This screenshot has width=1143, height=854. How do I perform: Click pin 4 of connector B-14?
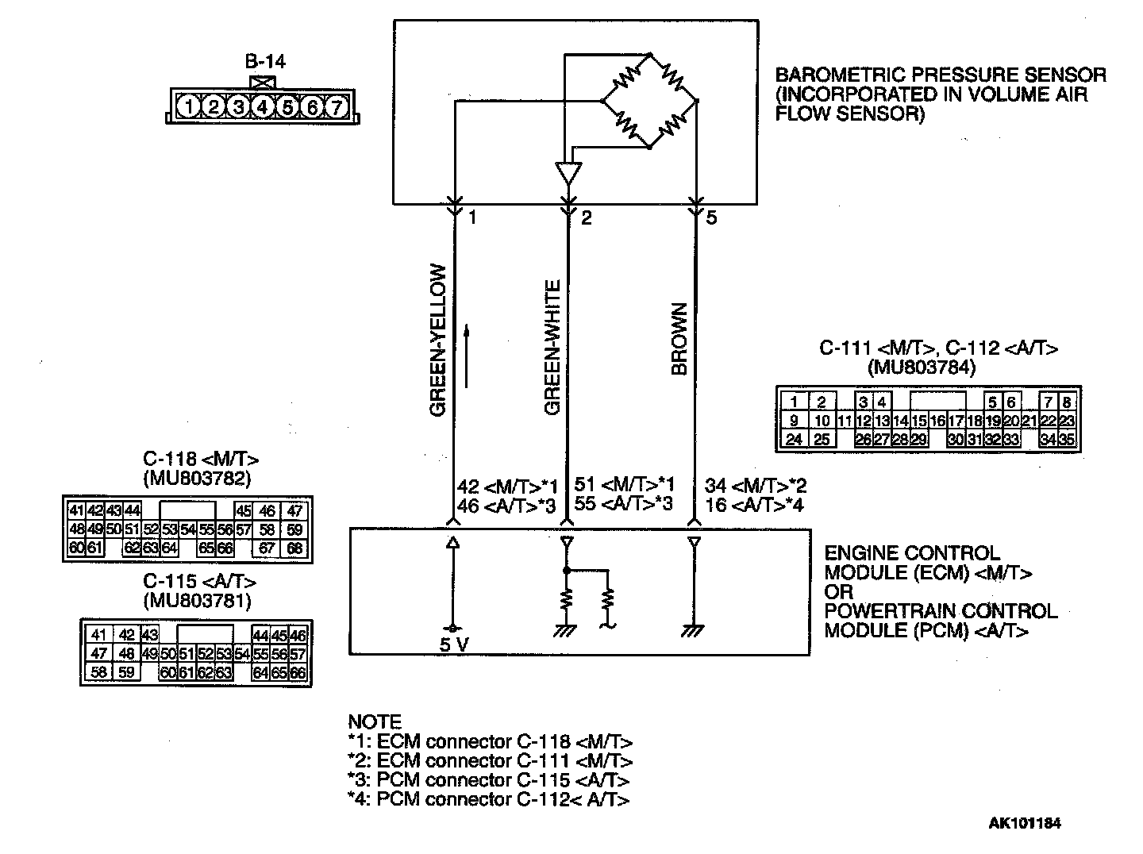point(263,106)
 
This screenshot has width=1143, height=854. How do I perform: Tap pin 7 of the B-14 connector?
point(337,106)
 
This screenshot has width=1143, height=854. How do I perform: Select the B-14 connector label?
point(265,62)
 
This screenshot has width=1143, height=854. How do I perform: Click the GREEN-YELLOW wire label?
point(438,340)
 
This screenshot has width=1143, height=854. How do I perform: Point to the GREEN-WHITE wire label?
point(552,347)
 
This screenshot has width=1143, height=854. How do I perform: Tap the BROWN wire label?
point(679,339)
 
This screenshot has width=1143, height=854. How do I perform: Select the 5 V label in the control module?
point(455,644)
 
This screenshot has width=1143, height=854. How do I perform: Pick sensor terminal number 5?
point(711,217)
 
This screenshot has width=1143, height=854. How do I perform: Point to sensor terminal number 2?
point(587,217)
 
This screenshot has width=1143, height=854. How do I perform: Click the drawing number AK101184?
point(1024,823)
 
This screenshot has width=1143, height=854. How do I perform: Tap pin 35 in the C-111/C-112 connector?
point(1067,439)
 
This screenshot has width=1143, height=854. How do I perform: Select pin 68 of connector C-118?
point(294,548)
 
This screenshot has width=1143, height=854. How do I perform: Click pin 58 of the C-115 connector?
point(98,672)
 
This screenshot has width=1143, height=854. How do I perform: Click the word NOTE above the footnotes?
point(375,722)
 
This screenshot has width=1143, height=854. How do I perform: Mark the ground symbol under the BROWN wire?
point(694,632)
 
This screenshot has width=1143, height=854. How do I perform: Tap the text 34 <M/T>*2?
point(755,486)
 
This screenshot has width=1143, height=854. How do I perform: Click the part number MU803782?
point(198,478)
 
